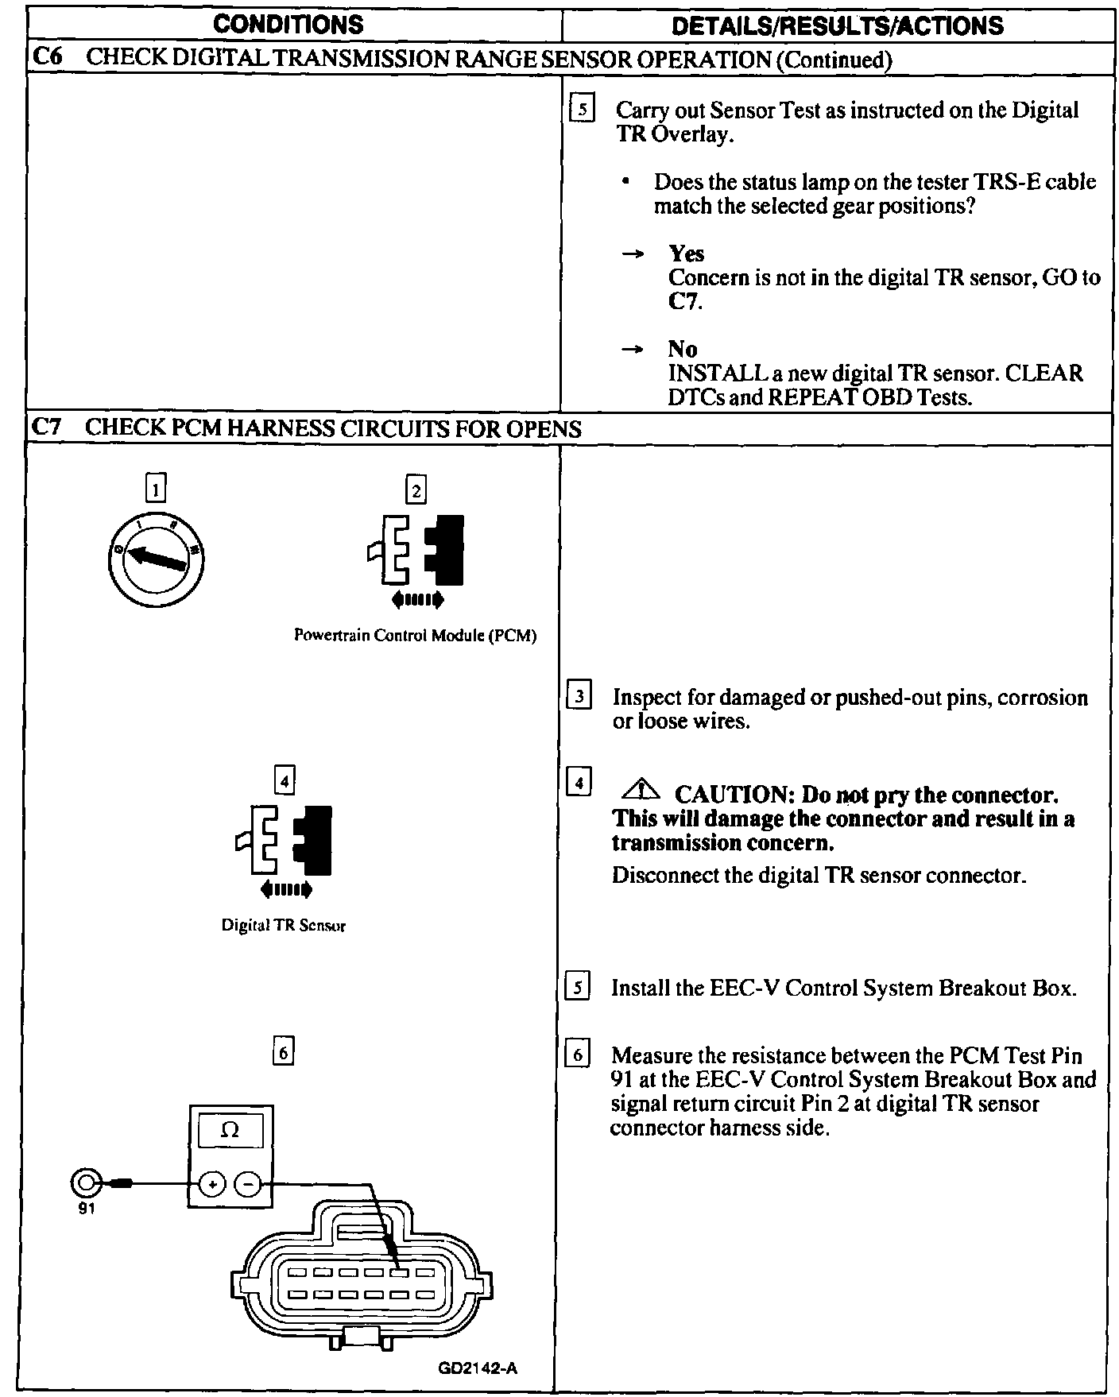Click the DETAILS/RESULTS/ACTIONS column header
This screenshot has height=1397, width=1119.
837,25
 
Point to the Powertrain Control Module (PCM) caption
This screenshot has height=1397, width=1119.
415,636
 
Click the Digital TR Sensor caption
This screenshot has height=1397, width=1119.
283,925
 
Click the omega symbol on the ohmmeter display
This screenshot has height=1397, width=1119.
230,1130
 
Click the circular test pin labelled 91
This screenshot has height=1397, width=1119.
86,1184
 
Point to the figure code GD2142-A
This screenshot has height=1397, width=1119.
478,1368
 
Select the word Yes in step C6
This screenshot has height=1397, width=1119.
687,254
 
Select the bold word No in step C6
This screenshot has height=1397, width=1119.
683,350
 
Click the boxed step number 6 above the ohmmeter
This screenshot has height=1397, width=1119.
283,1052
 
